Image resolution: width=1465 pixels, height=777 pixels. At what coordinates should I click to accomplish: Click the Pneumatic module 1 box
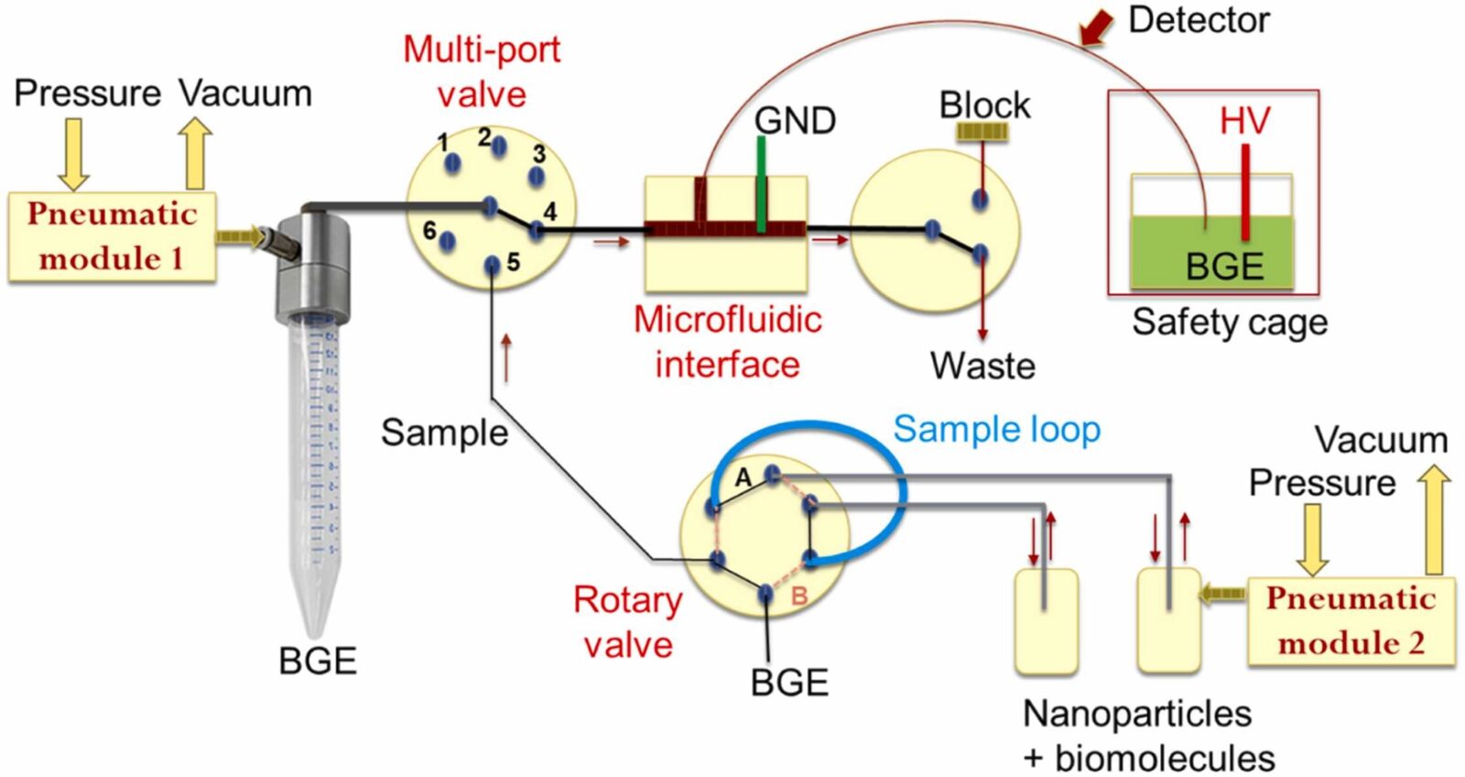[x=112, y=236]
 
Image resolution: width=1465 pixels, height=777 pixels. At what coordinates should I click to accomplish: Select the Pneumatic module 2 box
[x=1351, y=620]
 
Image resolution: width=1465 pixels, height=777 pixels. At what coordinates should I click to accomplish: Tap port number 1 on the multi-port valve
[x=452, y=162]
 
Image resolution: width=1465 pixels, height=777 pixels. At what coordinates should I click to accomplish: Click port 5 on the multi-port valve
[x=493, y=266]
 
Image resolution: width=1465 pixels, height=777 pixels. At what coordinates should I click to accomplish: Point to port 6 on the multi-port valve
[x=447, y=241]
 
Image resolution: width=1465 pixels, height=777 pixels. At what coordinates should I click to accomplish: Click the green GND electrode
[x=761, y=183]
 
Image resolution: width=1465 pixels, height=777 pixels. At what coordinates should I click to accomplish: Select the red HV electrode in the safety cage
[x=1245, y=192]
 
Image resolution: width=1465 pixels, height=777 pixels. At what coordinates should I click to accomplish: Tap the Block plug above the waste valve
[x=982, y=132]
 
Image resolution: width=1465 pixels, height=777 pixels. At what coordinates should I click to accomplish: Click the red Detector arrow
[x=1096, y=27]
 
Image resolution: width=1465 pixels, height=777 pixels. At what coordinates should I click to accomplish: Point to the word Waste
[x=982, y=366]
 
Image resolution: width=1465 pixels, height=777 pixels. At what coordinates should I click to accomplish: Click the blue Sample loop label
[x=996, y=429]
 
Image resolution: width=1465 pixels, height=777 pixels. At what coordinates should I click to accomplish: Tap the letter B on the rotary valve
[x=798, y=596]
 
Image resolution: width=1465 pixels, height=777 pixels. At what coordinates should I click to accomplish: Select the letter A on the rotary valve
[x=743, y=477]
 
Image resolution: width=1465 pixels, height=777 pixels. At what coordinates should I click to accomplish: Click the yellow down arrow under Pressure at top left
[x=73, y=153]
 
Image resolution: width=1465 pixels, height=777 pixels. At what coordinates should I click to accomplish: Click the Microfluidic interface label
[x=727, y=342]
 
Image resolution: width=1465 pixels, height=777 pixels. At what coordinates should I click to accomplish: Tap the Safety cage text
[x=1229, y=322]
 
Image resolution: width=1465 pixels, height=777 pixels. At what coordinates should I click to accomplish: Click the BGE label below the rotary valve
[x=788, y=683]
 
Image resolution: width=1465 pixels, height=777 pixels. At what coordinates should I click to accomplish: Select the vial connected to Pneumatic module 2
[x=1168, y=620]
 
